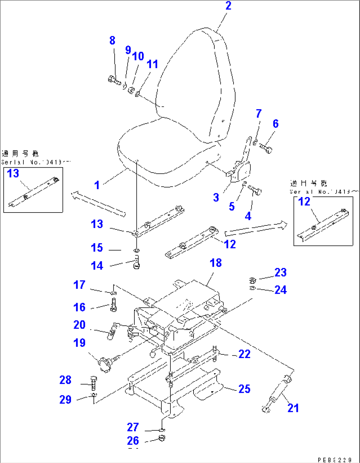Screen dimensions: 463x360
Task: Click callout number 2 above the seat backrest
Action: click(228, 6)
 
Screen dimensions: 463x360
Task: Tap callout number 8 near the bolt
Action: click(112, 41)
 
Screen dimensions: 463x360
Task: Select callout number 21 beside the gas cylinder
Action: click(293, 408)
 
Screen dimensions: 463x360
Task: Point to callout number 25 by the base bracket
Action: click(244, 389)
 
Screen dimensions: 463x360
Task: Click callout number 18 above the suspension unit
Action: click(216, 263)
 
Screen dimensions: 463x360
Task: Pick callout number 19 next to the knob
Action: click(80, 343)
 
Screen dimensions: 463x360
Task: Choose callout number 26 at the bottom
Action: click(133, 441)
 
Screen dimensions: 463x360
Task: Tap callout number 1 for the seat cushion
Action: click(97, 185)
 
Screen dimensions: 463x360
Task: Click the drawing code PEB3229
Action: click(335, 459)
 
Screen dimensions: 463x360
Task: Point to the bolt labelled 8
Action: click(114, 80)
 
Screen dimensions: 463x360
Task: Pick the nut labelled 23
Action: click(253, 281)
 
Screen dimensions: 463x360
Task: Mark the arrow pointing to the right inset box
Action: click(256, 229)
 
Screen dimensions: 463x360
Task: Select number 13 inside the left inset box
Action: click(13, 173)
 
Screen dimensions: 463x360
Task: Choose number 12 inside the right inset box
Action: click(304, 202)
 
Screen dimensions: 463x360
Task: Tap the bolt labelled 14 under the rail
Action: click(137, 264)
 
